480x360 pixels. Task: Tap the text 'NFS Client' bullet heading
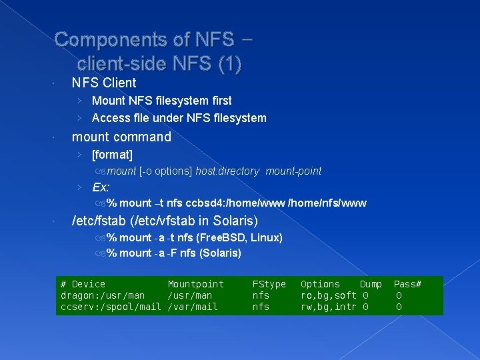coord(103,83)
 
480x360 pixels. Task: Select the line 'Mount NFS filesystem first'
coord(161,101)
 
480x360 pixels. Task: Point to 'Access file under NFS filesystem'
coord(179,118)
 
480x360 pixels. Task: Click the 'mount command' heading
coord(121,137)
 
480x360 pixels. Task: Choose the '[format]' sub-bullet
coord(112,155)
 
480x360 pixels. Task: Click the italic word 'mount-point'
coord(293,171)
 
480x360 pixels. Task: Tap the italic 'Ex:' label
coord(101,187)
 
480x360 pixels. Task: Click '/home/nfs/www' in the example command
coord(327,203)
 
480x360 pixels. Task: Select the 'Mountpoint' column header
coord(195,284)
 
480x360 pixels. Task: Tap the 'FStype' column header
coord(269,284)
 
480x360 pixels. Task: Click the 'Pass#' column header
coord(407,284)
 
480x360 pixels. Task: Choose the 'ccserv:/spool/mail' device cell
coord(111,307)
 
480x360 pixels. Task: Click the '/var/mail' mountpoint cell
coord(192,307)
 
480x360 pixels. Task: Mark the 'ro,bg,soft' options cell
coord(329,295)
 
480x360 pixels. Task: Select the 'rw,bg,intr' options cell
coord(329,307)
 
